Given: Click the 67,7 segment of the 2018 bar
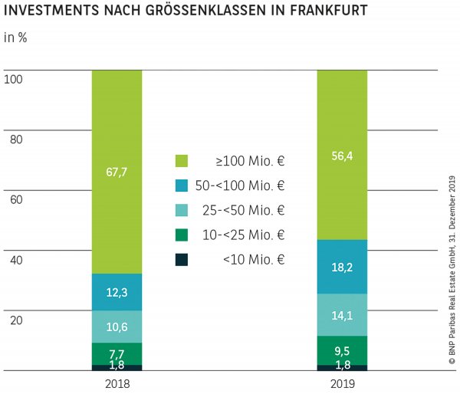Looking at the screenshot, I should pyautogui.click(x=117, y=172).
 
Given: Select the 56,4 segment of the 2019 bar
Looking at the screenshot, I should pyautogui.click(x=342, y=155).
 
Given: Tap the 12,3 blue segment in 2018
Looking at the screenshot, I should pyautogui.click(x=117, y=292).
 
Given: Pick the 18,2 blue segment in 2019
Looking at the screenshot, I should pyautogui.click(x=342, y=267).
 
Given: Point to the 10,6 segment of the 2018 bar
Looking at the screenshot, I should pyautogui.click(x=117, y=327).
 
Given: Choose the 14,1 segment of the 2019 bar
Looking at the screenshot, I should pyautogui.click(x=342, y=315).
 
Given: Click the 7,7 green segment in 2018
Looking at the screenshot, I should pyautogui.click(x=117, y=353).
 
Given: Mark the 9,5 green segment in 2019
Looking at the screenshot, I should pyautogui.click(x=342, y=350).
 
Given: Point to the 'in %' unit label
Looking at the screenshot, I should pyautogui.click(x=15, y=38).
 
